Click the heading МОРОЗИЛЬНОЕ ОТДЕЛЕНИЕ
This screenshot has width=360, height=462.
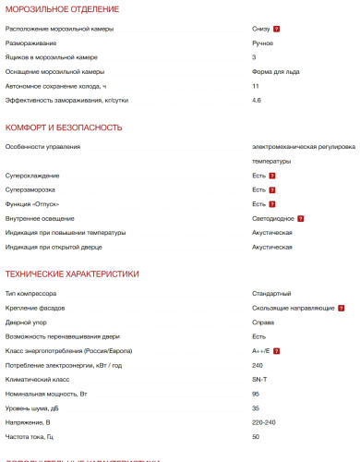62,9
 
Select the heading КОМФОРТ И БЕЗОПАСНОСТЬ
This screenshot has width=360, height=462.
64,127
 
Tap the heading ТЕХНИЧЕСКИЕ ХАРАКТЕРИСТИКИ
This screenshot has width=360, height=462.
72,274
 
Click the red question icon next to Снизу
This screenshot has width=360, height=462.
277,30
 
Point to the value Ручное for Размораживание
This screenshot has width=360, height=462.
263,43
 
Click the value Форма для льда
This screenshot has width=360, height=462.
277,71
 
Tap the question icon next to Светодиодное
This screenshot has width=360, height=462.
301,218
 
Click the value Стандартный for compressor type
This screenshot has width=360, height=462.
271,293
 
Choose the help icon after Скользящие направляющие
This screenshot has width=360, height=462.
342,308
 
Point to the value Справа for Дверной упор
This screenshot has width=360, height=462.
263,322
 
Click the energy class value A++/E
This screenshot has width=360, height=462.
260,351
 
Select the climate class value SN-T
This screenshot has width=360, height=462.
259,379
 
